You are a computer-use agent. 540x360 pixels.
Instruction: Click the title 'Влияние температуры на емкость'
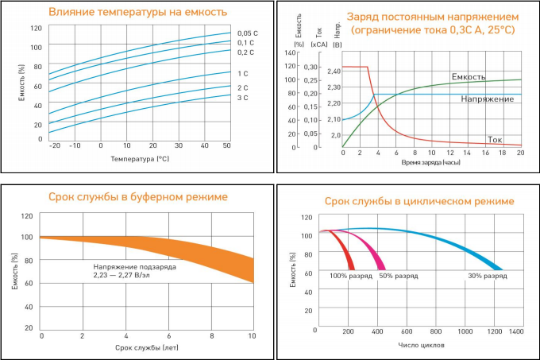click(137, 12)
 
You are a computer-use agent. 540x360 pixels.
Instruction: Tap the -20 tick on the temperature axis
click(54, 146)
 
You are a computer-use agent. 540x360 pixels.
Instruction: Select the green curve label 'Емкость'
click(468, 77)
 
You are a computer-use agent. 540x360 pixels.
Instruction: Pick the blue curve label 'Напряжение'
click(487, 99)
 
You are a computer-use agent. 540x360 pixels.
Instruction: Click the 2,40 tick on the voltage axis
click(333, 72)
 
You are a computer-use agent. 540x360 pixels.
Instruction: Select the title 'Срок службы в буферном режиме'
click(138, 196)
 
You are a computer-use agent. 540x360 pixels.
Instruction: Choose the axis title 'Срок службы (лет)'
click(145, 348)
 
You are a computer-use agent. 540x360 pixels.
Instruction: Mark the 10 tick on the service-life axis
click(253, 337)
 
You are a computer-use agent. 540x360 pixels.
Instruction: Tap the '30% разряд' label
click(487, 276)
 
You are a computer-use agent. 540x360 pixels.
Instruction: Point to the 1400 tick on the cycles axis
click(516, 330)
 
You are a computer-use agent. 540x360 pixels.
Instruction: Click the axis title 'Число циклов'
click(421, 346)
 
